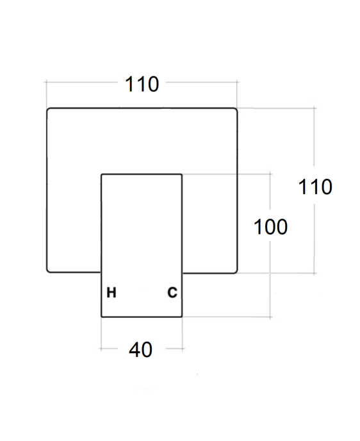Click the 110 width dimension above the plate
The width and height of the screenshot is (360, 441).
142,84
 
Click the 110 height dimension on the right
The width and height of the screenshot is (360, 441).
315,187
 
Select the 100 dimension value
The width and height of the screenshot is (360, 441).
270,227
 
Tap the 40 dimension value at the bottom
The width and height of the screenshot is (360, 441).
140,349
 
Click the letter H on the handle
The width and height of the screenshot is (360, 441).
111,292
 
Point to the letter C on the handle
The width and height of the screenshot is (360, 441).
172,292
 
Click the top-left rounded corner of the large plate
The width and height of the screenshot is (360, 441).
48,110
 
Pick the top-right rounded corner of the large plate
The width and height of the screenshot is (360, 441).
236,110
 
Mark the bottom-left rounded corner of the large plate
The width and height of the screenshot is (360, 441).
48,271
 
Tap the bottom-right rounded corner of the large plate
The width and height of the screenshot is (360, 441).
236,271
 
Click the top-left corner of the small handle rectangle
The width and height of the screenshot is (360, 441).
101,174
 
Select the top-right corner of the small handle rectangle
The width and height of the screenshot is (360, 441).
182,174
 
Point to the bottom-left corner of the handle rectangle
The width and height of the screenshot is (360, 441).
101,317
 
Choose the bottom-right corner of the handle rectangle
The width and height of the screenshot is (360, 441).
182,317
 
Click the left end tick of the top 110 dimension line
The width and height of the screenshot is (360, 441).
46,82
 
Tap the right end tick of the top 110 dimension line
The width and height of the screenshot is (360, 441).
237,82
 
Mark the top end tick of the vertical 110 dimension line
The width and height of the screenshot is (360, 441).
314,108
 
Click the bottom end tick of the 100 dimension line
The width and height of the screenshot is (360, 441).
270,317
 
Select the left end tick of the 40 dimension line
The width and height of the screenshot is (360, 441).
101,349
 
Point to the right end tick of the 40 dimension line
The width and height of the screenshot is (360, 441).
183,349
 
